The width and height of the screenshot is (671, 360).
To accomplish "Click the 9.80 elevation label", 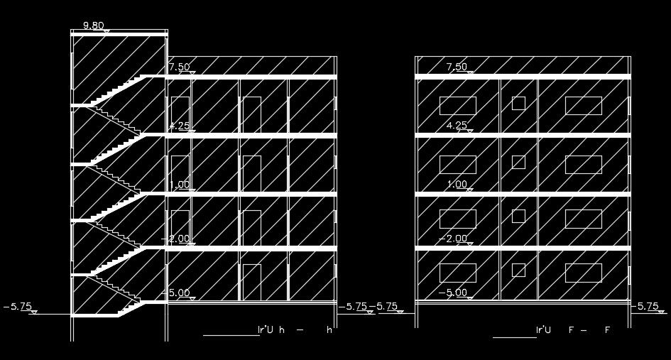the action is (94, 26).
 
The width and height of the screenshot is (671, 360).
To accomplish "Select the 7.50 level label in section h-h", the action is (180, 67).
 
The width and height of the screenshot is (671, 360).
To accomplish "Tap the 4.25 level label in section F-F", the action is (457, 126).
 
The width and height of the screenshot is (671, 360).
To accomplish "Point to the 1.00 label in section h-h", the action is (180, 185).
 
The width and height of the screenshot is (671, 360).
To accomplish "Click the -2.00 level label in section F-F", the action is (453, 239).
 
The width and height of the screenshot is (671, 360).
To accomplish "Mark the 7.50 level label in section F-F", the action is (457, 67).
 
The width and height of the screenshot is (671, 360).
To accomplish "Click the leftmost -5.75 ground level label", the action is (18, 307).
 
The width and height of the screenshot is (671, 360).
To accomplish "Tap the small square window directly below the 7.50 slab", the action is (519, 103).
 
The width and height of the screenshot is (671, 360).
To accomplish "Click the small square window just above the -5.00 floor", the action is (519, 270).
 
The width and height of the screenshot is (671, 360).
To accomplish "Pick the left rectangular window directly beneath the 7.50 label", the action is (458, 106).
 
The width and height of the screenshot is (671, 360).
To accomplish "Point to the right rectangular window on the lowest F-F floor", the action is (584, 273).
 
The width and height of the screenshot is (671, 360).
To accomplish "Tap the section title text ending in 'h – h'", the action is (294, 330).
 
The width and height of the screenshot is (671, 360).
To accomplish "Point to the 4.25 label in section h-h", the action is (180, 126).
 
